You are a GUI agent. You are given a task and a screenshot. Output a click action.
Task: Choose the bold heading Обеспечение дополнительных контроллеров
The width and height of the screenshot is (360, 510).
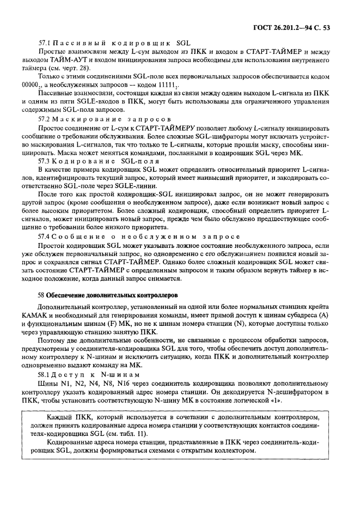tap(105, 294)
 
